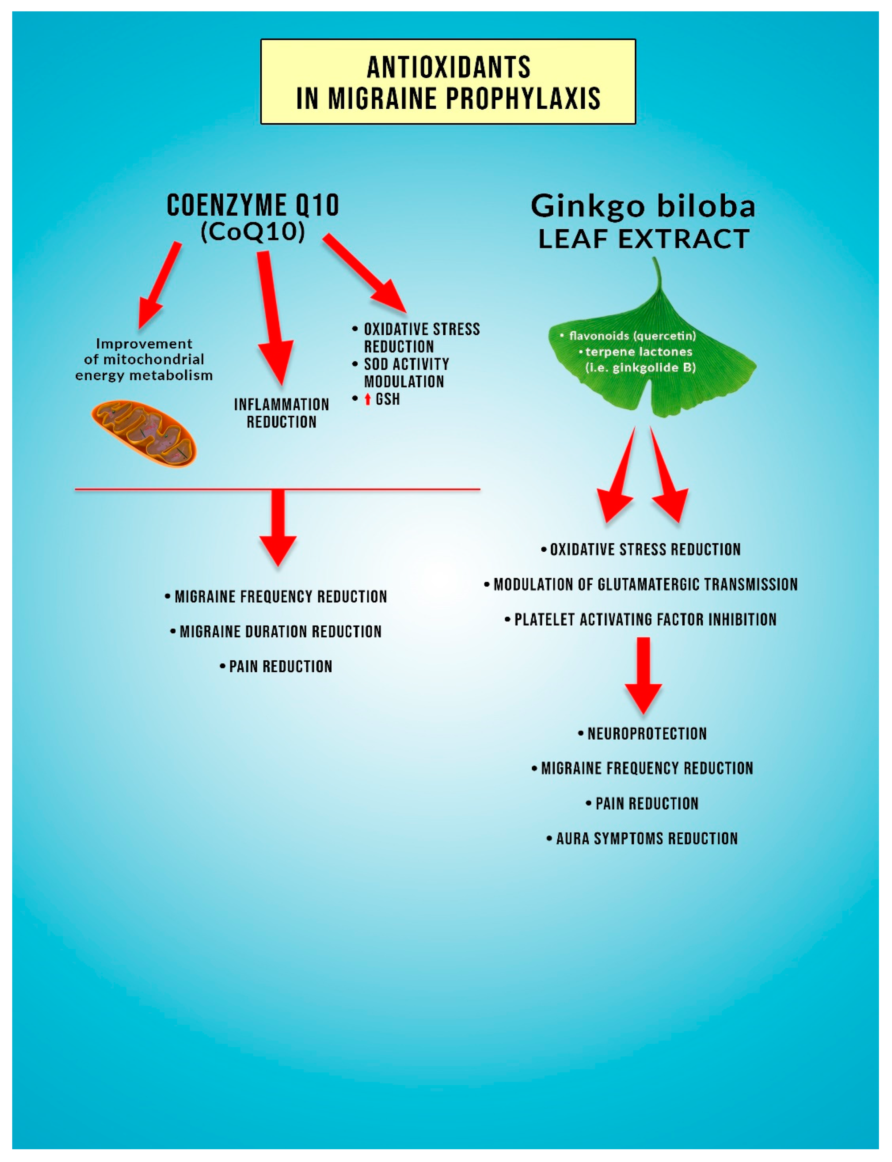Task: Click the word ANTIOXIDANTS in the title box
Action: pos(449,67)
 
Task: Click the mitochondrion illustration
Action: pos(144,433)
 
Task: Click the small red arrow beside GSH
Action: pos(367,399)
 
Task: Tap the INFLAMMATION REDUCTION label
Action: pos(281,413)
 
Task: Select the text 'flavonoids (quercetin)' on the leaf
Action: pos(632,335)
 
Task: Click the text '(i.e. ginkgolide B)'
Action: pos(640,367)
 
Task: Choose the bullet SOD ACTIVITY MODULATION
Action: pos(406,373)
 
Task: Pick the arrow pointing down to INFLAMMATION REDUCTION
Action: pos(273,319)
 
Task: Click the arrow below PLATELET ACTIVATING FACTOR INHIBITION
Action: pos(643,674)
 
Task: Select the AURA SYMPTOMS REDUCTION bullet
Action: pos(646,839)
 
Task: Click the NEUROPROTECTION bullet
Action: pos(646,734)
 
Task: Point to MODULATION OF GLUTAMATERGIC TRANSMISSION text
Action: pos(645,585)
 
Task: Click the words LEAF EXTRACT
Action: pos(643,239)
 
